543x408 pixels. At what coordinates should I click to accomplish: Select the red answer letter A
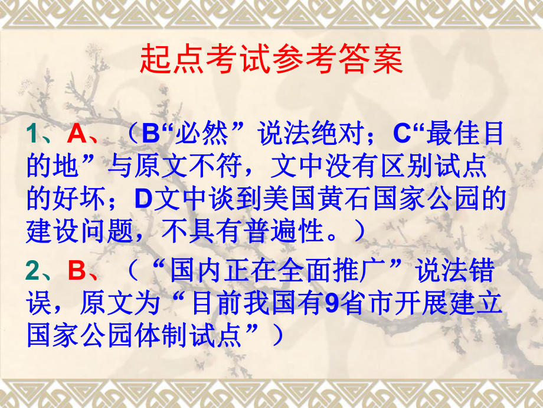tap(77, 135)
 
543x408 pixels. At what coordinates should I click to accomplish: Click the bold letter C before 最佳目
tap(403, 135)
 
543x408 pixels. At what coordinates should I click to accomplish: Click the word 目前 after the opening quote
tap(218, 304)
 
